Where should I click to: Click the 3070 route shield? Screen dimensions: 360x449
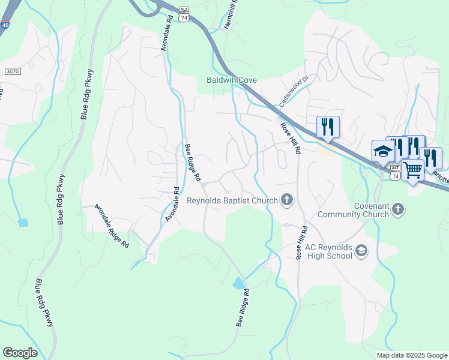click(x=13, y=71)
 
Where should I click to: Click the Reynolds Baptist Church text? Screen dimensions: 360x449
click(x=232, y=200)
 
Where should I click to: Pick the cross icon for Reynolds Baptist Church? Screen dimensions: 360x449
click(x=287, y=200)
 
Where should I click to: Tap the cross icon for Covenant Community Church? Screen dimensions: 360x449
click(x=398, y=209)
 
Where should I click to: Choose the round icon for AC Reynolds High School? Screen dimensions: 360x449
click(x=361, y=251)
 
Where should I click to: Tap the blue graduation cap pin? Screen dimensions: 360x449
click(x=382, y=152)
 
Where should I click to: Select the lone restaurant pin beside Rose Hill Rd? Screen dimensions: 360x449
click(x=328, y=127)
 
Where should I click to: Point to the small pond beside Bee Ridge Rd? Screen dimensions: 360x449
click(x=239, y=283)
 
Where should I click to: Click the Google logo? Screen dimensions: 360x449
click(x=20, y=352)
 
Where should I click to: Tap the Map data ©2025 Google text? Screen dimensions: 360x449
click(x=411, y=355)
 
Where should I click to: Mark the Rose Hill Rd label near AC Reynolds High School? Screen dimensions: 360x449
click(x=302, y=242)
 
